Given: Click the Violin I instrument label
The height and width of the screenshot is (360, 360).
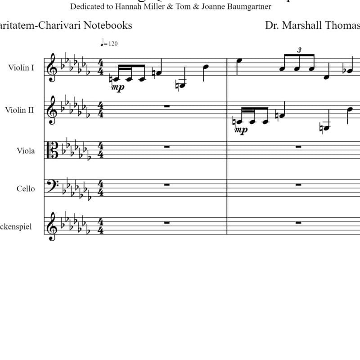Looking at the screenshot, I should tap(21, 68).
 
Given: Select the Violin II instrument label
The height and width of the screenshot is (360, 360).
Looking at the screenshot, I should tap(19, 109).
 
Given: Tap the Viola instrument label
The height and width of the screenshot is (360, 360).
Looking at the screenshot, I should tap(26, 151).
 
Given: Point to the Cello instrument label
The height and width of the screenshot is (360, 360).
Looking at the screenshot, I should tap(26, 189).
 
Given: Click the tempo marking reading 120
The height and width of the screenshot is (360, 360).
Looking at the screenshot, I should tap(110, 44).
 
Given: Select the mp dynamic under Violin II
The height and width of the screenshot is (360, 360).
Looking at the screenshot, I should tap(242, 130).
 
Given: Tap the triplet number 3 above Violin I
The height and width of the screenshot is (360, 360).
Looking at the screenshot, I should tap(299, 49).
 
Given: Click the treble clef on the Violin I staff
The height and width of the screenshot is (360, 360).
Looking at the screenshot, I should tap(53, 68).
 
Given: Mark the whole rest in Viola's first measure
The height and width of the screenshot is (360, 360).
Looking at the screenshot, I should tap(166, 147).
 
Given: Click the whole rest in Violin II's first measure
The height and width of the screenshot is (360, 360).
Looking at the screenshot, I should tap(166, 106).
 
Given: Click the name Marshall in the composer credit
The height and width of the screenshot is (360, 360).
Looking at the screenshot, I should tap(311, 25).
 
